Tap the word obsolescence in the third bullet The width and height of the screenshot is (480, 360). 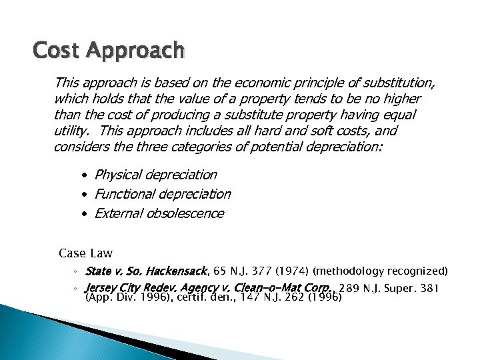tap(183, 214)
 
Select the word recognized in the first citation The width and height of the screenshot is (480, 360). tap(419, 271)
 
